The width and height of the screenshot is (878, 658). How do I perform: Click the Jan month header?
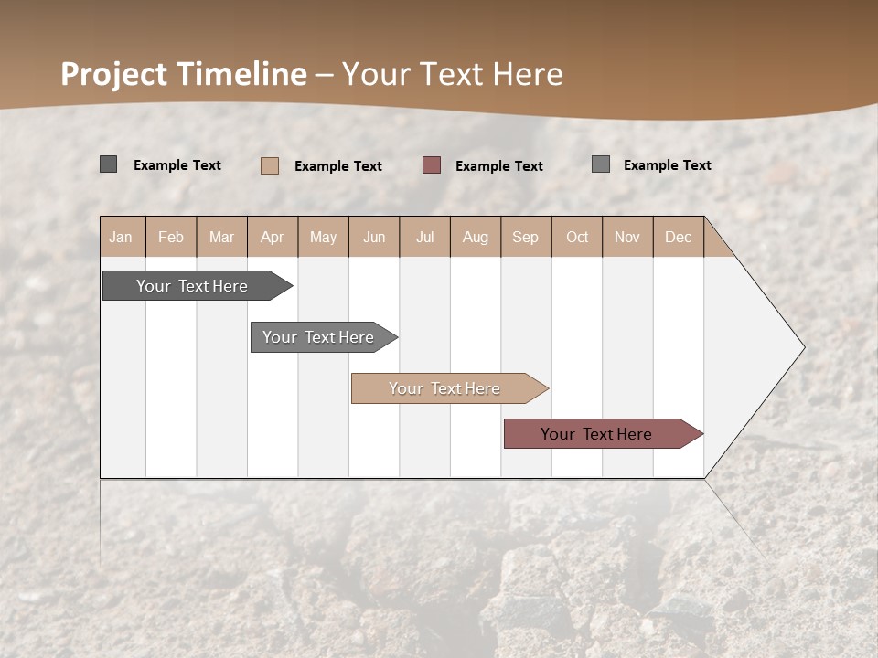[x=121, y=237]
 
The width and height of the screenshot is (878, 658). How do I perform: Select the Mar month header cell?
[x=221, y=237]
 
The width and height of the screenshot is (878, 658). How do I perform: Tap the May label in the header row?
[x=323, y=237]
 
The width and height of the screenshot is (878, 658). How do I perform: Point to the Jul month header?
[x=424, y=237]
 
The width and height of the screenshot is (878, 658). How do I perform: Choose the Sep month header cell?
[x=525, y=237]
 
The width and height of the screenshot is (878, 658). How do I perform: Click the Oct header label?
[x=577, y=237]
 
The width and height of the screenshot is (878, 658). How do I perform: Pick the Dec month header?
[x=678, y=237]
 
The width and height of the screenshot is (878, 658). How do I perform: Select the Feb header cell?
[x=171, y=237]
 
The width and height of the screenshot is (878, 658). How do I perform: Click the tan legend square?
[x=270, y=165]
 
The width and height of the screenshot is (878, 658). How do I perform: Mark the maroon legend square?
[x=432, y=165]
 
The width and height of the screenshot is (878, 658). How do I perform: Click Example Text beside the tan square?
[x=337, y=166]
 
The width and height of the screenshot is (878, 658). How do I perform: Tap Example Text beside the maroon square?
[x=498, y=166]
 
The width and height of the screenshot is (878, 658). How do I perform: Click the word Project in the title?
[x=113, y=74]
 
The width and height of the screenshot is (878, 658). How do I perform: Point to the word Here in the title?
[x=528, y=74]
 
